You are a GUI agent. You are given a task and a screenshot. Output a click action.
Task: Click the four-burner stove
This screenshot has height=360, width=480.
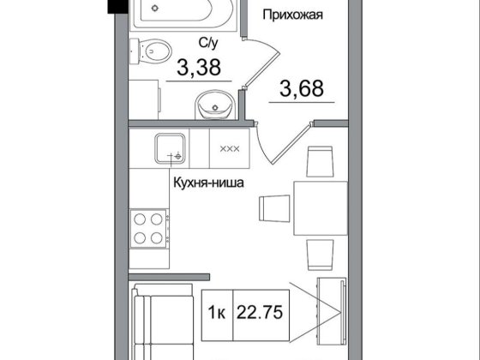coord(149,229)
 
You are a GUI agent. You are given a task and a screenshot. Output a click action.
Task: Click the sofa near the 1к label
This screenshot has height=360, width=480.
coord(163,321)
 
